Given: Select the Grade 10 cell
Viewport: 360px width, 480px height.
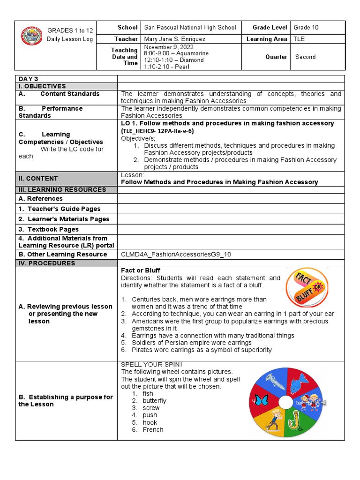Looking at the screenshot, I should click(x=306, y=27).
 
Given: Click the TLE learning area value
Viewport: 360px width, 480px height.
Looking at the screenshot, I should click(x=299, y=39).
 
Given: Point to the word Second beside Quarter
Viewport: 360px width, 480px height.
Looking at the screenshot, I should click(x=305, y=57).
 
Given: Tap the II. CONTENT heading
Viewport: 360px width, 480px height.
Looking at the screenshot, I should click(x=38, y=178).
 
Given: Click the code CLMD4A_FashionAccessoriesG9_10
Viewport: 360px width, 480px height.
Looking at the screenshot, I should click(x=176, y=254).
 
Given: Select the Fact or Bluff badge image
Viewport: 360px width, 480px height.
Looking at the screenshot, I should click(x=307, y=287).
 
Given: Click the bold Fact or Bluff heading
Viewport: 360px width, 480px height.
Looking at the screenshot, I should click(x=141, y=270).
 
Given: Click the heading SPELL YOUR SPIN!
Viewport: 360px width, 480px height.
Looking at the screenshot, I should click(x=151, y=364).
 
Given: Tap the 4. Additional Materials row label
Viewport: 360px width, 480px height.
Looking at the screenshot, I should click(x=63, y=241).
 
